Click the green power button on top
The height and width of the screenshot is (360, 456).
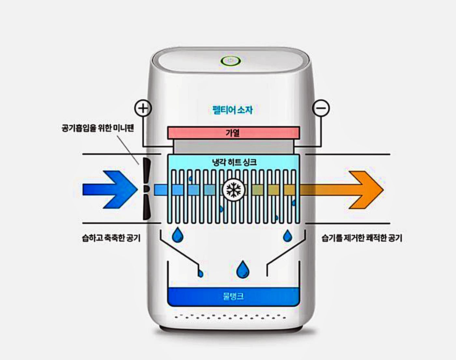231,61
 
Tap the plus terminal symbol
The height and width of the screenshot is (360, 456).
143,108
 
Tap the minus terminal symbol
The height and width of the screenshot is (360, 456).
321,108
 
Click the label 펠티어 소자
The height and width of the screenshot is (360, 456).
232,110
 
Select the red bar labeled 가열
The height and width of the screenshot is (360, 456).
233,133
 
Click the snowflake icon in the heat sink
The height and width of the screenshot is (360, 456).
233,189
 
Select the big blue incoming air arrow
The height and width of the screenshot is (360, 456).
109,189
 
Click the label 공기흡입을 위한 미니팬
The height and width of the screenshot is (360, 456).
98,128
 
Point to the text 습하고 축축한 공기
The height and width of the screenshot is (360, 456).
111,238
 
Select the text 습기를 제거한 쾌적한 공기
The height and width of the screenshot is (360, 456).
362,238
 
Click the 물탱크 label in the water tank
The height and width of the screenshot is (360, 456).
233,296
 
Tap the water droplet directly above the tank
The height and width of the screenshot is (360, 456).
243,270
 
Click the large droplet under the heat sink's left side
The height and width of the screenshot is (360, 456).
178,235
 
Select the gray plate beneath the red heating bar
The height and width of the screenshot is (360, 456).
233,146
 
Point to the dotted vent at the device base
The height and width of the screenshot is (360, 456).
231,316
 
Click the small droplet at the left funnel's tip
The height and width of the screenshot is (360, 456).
200,274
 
